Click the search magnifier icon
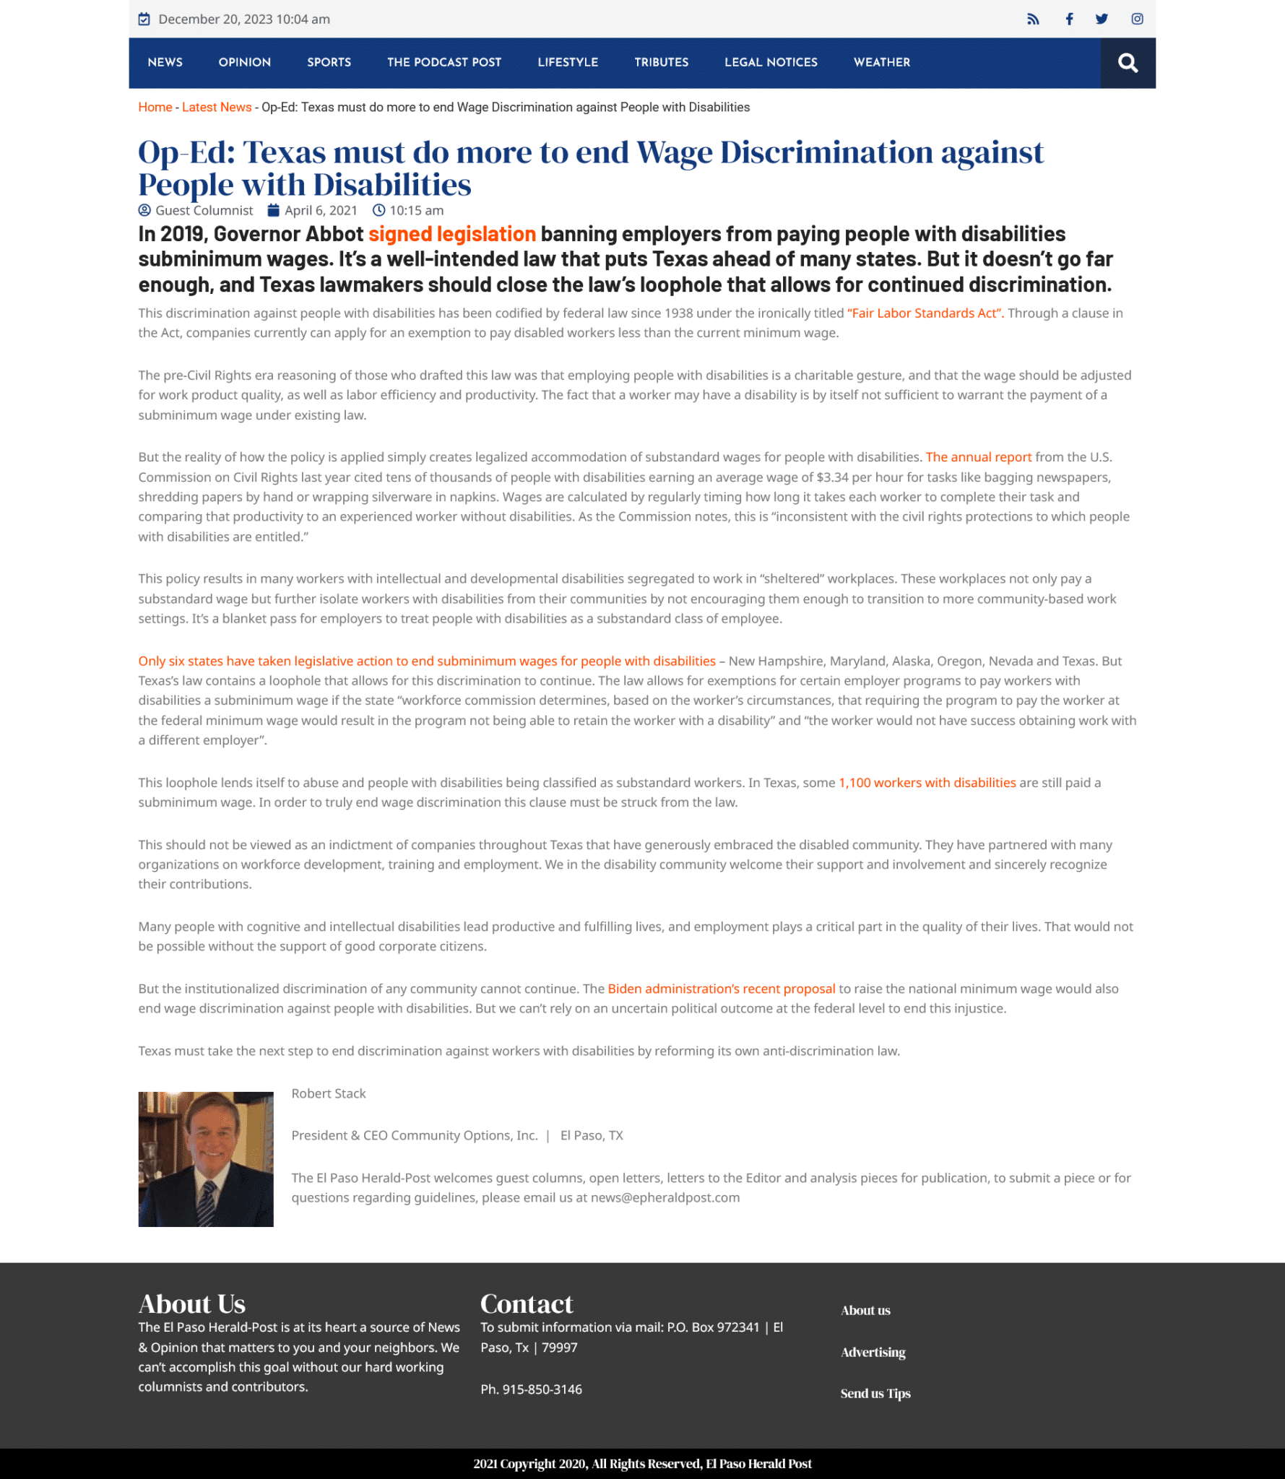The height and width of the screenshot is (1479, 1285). [x=1128, y=64]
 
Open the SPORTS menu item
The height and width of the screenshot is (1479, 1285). [x=329, y=63]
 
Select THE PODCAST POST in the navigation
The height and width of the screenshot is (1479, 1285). [x=444, y=63]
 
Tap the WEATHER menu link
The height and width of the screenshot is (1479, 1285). [x=881, y=63]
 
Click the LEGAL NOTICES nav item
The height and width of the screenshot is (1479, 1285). [x=771, y=63]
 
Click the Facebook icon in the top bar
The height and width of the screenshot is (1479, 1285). [x=1069, y=19]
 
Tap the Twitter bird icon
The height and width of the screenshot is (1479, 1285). [x=1102, y=19]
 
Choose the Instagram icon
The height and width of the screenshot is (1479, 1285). [x=1137, y=19]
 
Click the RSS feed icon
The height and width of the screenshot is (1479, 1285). [x=1033, y=19]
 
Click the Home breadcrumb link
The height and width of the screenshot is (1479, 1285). [x=155, y=108]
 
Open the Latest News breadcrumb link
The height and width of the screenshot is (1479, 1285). [x=216, y=108]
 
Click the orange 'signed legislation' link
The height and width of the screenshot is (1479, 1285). [x=451, y=235]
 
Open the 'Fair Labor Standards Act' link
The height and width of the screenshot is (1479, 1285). [x=925, y=313]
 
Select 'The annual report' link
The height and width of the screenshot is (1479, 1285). [x=978, y=457]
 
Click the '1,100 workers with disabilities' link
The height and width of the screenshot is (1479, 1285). [x=927, y=783]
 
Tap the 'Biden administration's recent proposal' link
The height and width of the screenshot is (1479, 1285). [x=721, y=989]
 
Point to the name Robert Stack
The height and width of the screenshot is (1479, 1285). [x=329, y=1094]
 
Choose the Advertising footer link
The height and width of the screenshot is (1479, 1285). [x=873, y=1353]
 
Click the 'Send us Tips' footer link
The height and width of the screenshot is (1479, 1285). [x=875, y=1395]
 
